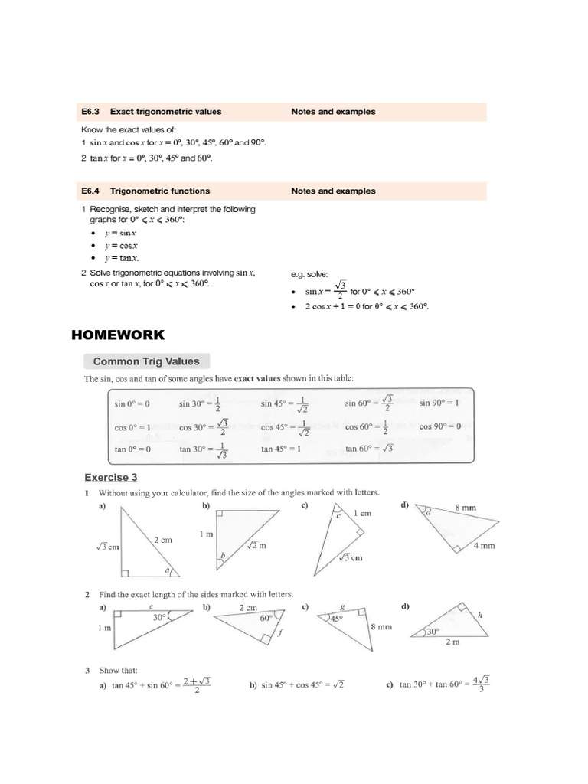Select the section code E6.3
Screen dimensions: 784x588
tap(92, 112)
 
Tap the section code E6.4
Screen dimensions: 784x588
tap(92, 191)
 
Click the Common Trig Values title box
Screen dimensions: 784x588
tap(145, 361)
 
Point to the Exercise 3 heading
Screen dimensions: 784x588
tap(110, 477)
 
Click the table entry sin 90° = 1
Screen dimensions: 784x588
tap(439, 403)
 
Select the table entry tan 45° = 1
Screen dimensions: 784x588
tap(281, 449)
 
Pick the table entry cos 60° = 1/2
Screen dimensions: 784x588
tap(367, 426)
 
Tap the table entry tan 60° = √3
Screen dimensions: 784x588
tap(368, 449)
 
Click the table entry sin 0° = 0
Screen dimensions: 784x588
tap(132, 403)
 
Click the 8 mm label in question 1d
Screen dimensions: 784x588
tap(465, 507)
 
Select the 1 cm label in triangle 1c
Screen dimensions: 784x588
tap(361, 513)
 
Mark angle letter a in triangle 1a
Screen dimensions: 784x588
tap(169, 569)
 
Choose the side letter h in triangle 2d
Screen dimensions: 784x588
tap(480, 615)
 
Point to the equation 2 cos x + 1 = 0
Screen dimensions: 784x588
tap(366, 306)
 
